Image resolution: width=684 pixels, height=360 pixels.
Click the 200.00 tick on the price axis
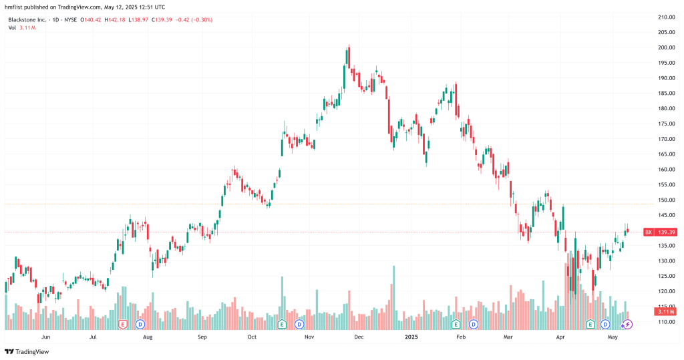pos(665,47)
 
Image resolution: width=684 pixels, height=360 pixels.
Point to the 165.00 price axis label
pos(665,154)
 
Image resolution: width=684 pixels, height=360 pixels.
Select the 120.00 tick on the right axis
pos(665,291)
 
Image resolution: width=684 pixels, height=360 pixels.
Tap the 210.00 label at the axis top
pos(665,17)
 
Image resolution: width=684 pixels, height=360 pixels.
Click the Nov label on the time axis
pos(309,337)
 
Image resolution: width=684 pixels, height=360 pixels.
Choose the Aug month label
pos(148,337)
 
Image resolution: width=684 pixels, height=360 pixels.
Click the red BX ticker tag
pos(648,232)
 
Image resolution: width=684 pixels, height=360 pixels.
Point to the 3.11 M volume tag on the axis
pos(665,312)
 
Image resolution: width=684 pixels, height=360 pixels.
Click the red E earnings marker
pos(122,324)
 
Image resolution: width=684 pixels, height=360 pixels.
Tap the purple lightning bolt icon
pos(627,324)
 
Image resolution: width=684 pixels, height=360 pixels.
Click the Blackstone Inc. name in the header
pos(27,19)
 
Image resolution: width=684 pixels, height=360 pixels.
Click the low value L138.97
pos(141,19)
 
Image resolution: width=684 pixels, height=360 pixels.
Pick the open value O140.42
pos(91,19)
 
